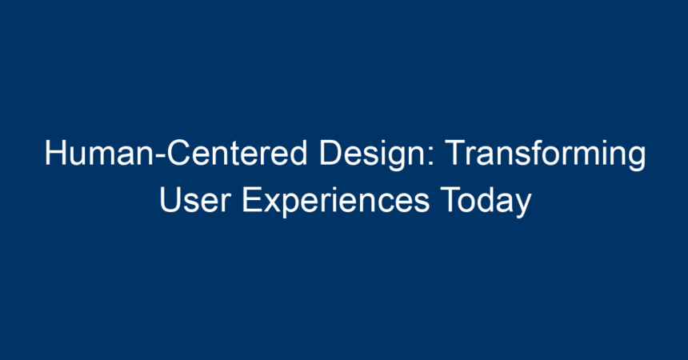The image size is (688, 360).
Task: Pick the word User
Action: [x=195, y=200]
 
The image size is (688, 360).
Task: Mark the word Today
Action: [x=486, y=202]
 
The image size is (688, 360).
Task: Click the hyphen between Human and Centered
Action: [x=160, y=156]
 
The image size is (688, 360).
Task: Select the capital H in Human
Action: [x=55, y=154]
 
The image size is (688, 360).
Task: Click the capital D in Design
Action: [x=330, y=154]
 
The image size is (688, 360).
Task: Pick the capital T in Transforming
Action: [x=455, y=154]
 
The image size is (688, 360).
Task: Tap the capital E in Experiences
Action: [x=252, y=200]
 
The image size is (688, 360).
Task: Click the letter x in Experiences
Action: [x=272, y=204]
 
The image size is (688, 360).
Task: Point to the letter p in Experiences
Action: [x=291, y=206]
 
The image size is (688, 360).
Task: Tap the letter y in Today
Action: [x=523, y=206]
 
